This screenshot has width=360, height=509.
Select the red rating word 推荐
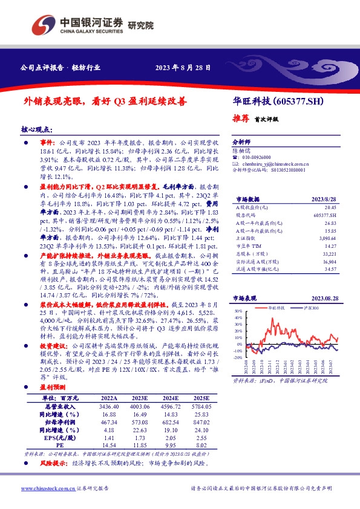pos(242,118)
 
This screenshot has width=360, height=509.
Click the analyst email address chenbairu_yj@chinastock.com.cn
pos(273,163)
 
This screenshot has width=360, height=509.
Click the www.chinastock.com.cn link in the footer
pos(44,488)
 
